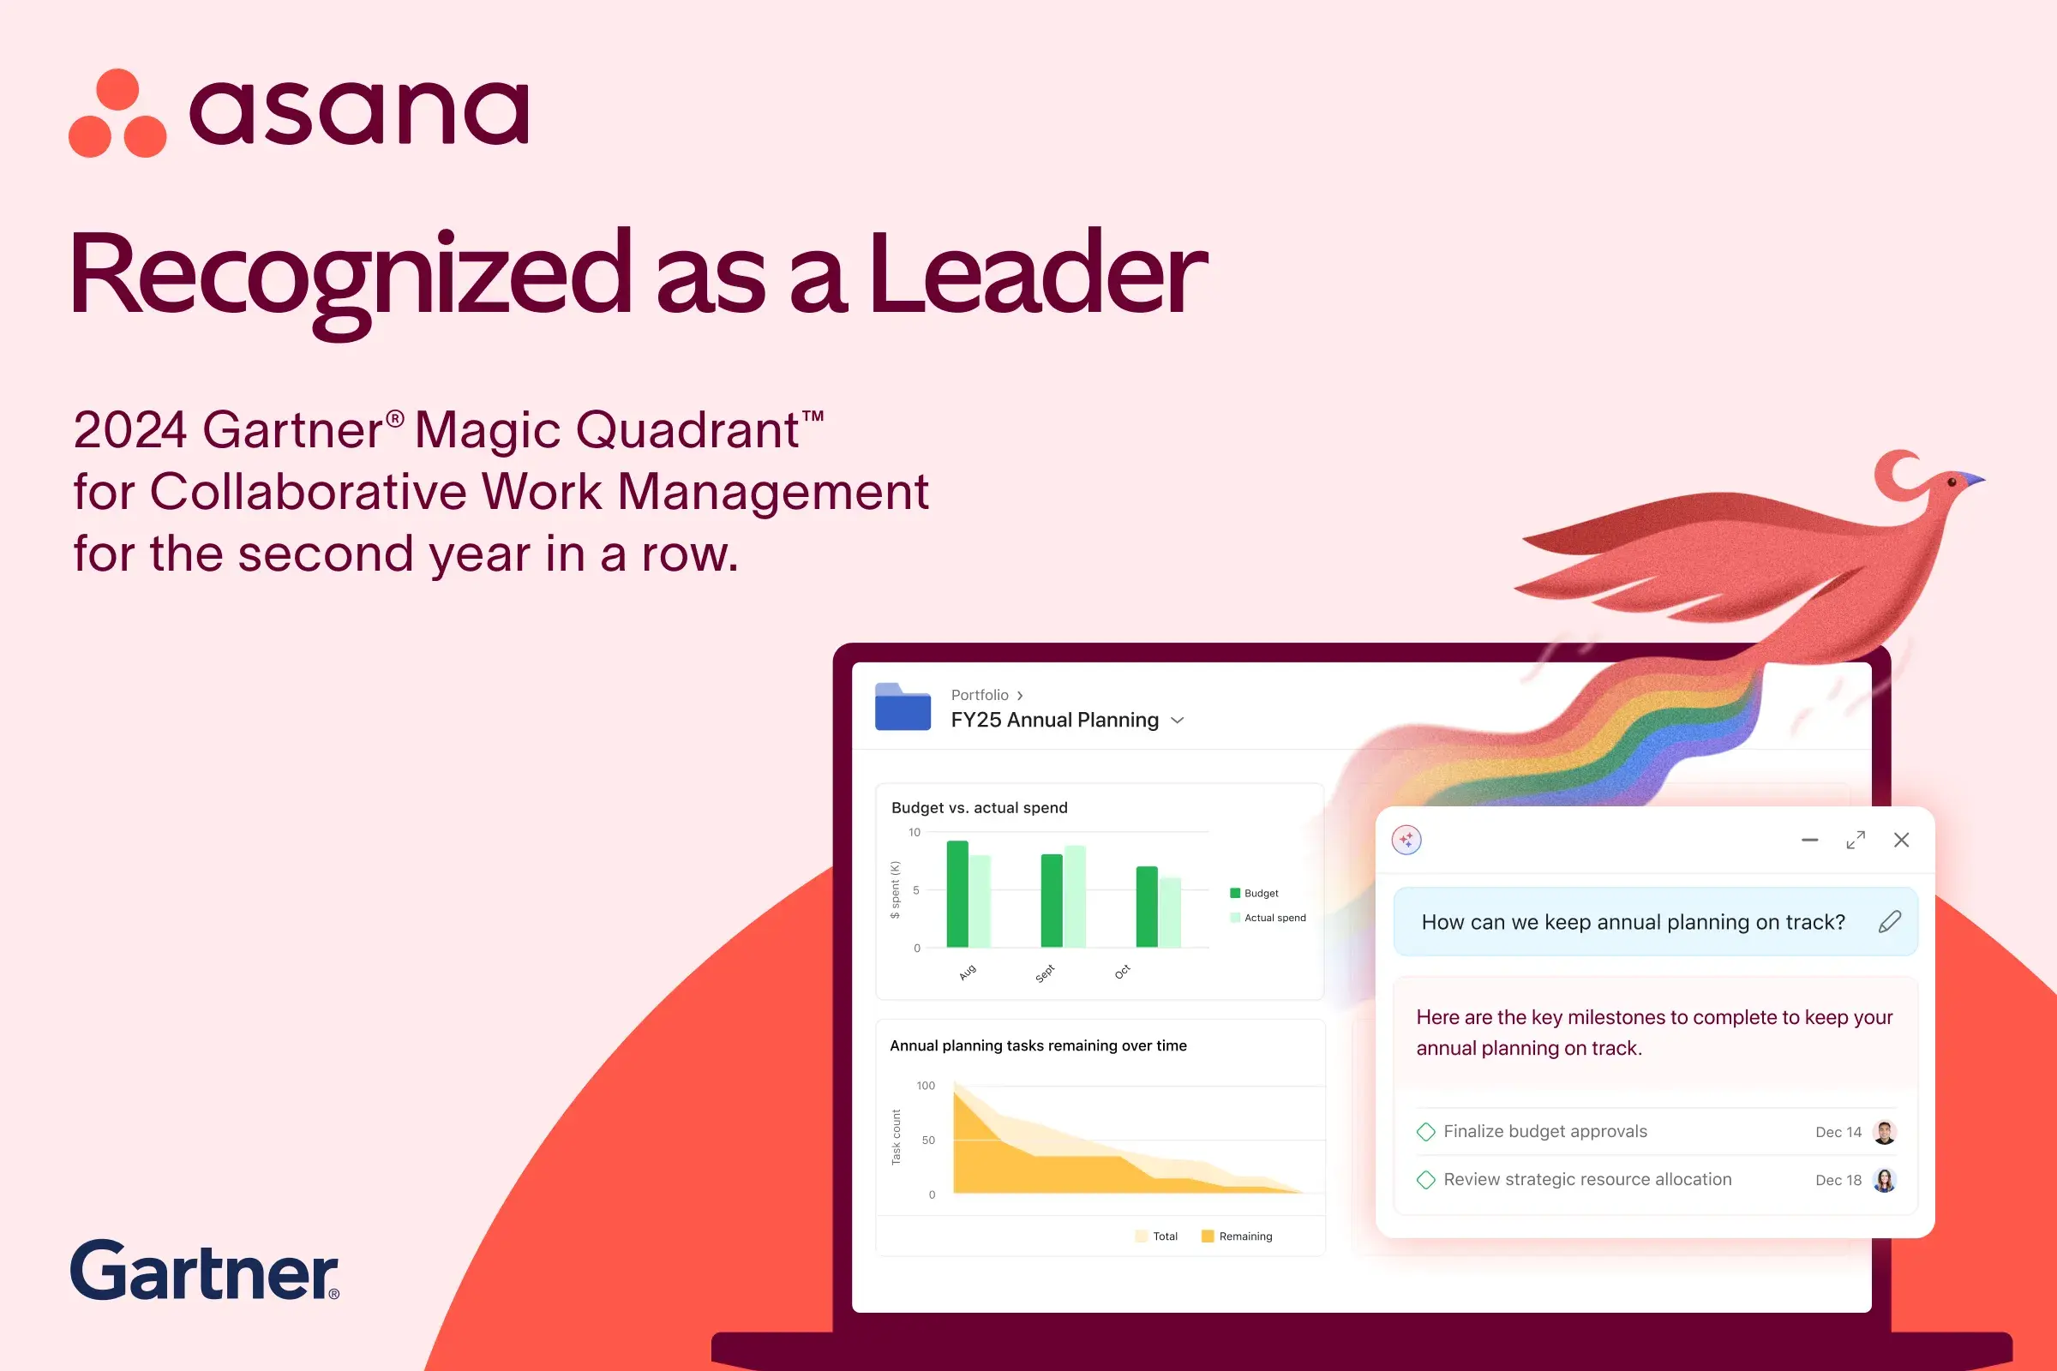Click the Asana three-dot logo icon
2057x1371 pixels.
click(117, 113)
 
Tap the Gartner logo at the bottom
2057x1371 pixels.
click(205, 1270)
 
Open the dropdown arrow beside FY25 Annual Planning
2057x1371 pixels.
click(1177, 721)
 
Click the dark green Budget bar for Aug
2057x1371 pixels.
click(957, 894)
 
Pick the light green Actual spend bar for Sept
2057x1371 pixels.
click(1075, 896)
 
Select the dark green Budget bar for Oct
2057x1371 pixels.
click(1147, 907)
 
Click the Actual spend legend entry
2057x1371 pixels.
click(1268, 918)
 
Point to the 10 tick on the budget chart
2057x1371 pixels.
click(914, 832)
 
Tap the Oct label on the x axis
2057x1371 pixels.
click(1123, 972)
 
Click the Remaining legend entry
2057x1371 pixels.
click(1237, 1236)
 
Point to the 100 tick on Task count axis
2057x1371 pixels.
click(926, 1086)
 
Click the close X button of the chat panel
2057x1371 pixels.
click(1901, 841)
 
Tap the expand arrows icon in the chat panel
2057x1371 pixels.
click(1856, 841)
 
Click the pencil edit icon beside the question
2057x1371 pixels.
click(1889, 922)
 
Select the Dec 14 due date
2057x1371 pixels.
click(1838, 1132)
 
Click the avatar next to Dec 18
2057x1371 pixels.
click(1885, 1181)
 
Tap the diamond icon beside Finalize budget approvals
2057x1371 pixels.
click(1425, 1132)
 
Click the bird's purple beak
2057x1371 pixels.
click(1972, 478)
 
